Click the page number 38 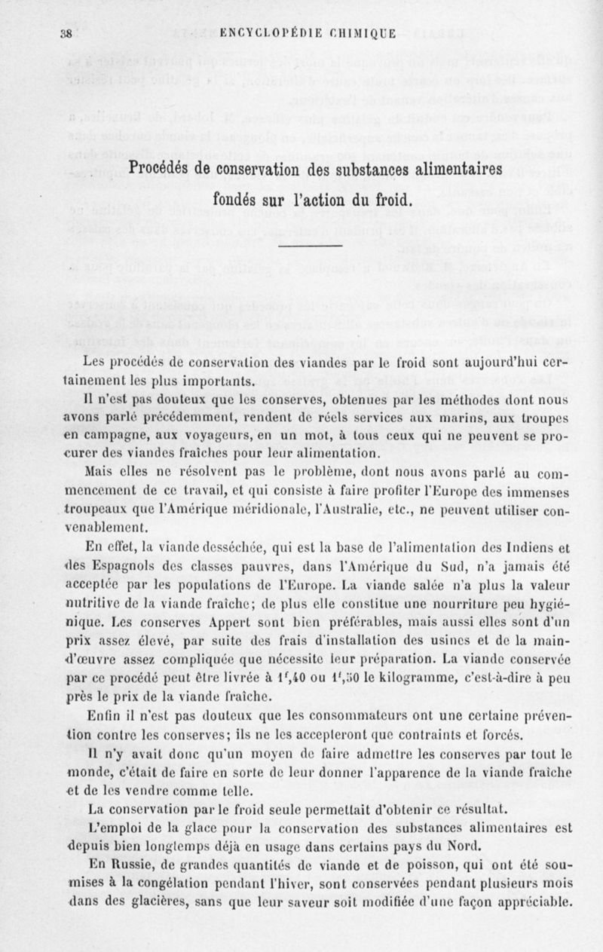point(66,32)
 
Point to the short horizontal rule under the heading point(311,245)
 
